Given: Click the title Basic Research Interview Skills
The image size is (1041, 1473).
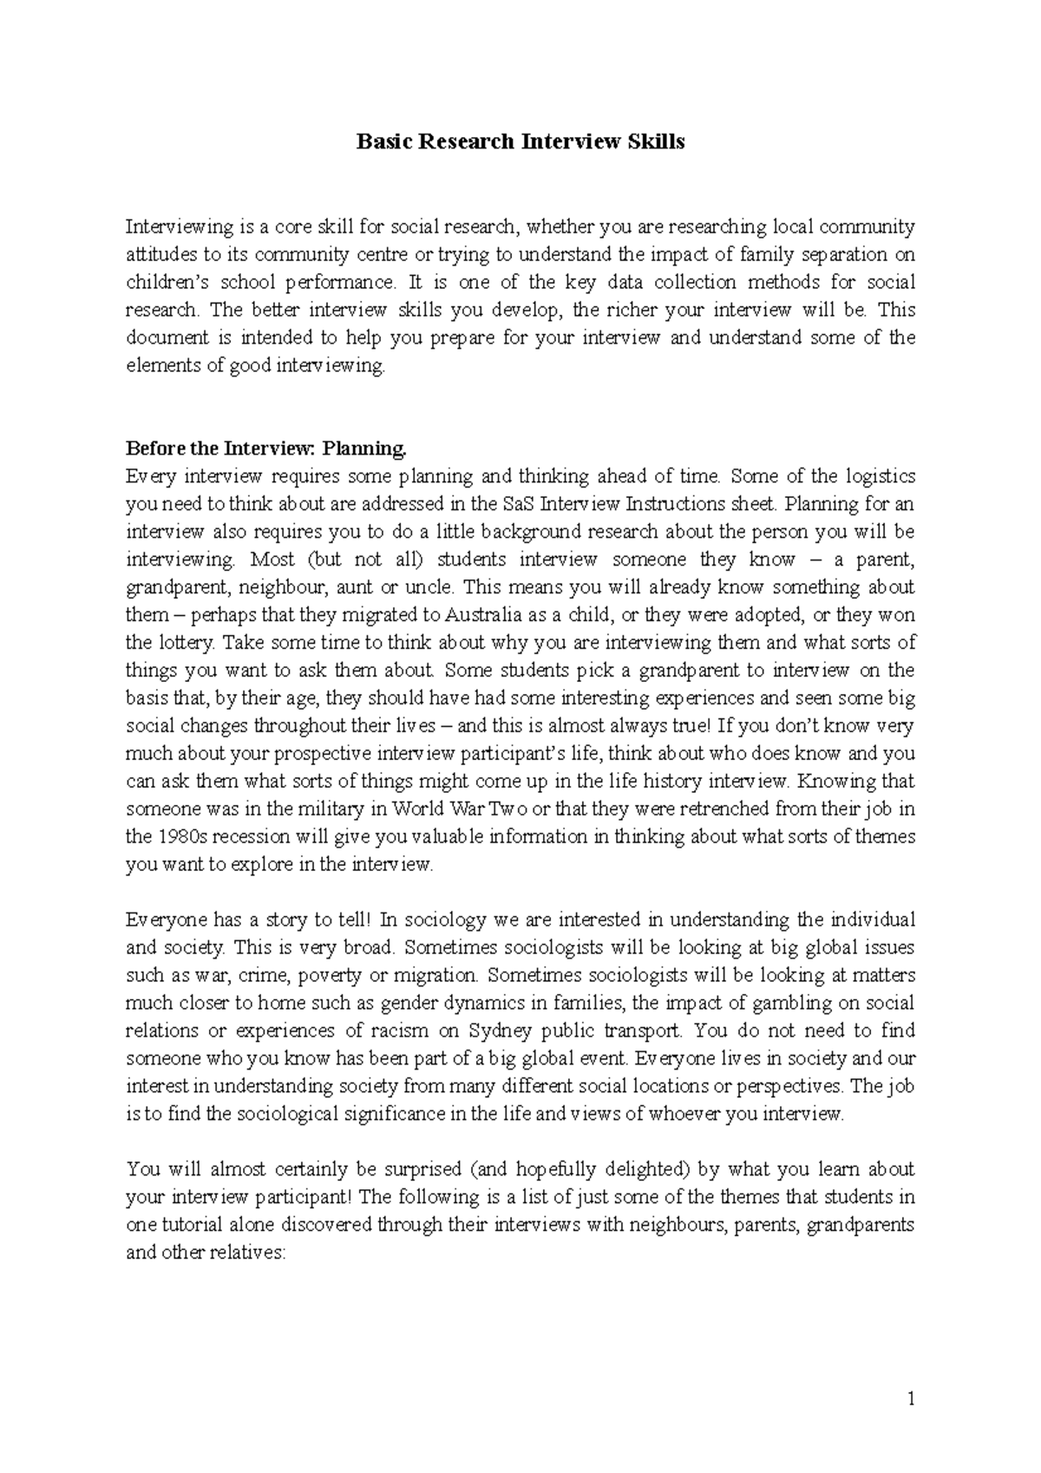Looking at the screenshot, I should [520, 142].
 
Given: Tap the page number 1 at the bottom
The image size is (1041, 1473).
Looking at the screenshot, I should [910, 1399].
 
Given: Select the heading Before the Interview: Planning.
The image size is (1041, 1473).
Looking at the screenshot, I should [266, 448].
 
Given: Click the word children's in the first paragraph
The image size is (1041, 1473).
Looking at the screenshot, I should [162, 283].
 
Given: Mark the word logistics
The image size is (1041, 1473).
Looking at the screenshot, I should [875, 476].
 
